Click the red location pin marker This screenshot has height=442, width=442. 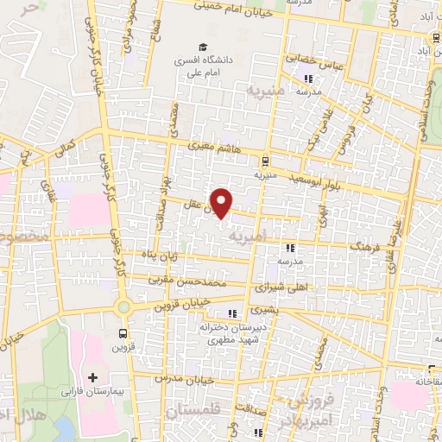pos(222,203)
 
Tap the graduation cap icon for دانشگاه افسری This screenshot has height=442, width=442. pos(202,48)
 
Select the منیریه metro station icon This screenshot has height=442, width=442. pos(265,161)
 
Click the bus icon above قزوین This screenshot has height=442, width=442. pos(122,333)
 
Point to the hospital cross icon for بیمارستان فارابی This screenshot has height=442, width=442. pos(92,377)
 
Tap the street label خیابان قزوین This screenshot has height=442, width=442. pos(182,305)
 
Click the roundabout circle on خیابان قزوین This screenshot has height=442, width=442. pos(123,306)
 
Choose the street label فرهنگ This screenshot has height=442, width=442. pos(364,246)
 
